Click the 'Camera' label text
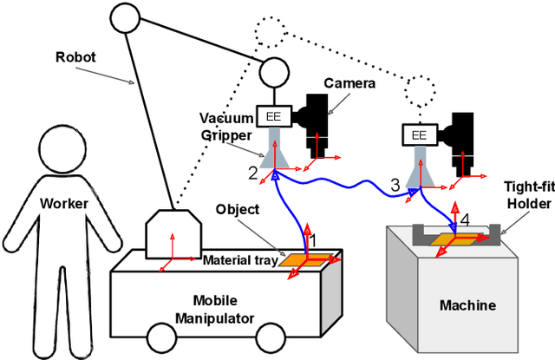click(348, 83)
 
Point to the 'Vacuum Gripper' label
click(225, 125)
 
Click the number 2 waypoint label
click(252, 173)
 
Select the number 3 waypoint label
click(395, 184)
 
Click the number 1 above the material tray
click(314, 239)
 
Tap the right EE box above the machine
click(419, 135)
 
